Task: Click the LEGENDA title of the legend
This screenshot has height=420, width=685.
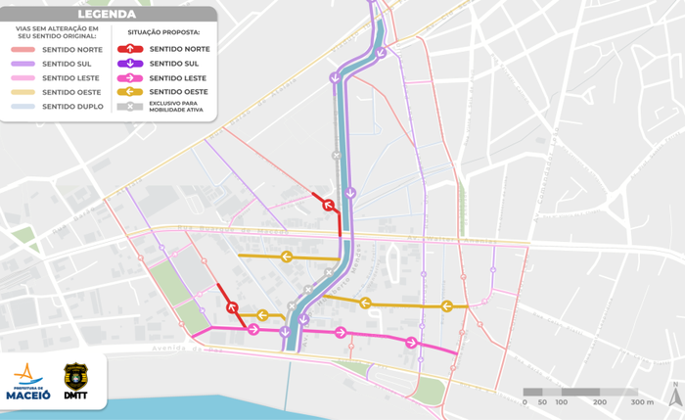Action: (x=108, y=15)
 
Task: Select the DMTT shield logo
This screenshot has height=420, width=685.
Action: (x=75, y=380)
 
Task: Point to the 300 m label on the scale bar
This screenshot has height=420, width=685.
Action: (x=641, y=402)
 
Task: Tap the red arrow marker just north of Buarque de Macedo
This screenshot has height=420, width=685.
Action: (x=329, y=206)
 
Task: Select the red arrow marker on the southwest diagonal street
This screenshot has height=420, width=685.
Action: (x=233, y=307)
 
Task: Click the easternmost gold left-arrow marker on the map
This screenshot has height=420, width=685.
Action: (x=446, y=305)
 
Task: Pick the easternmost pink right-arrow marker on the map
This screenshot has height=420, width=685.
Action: (x=412, y=343)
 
